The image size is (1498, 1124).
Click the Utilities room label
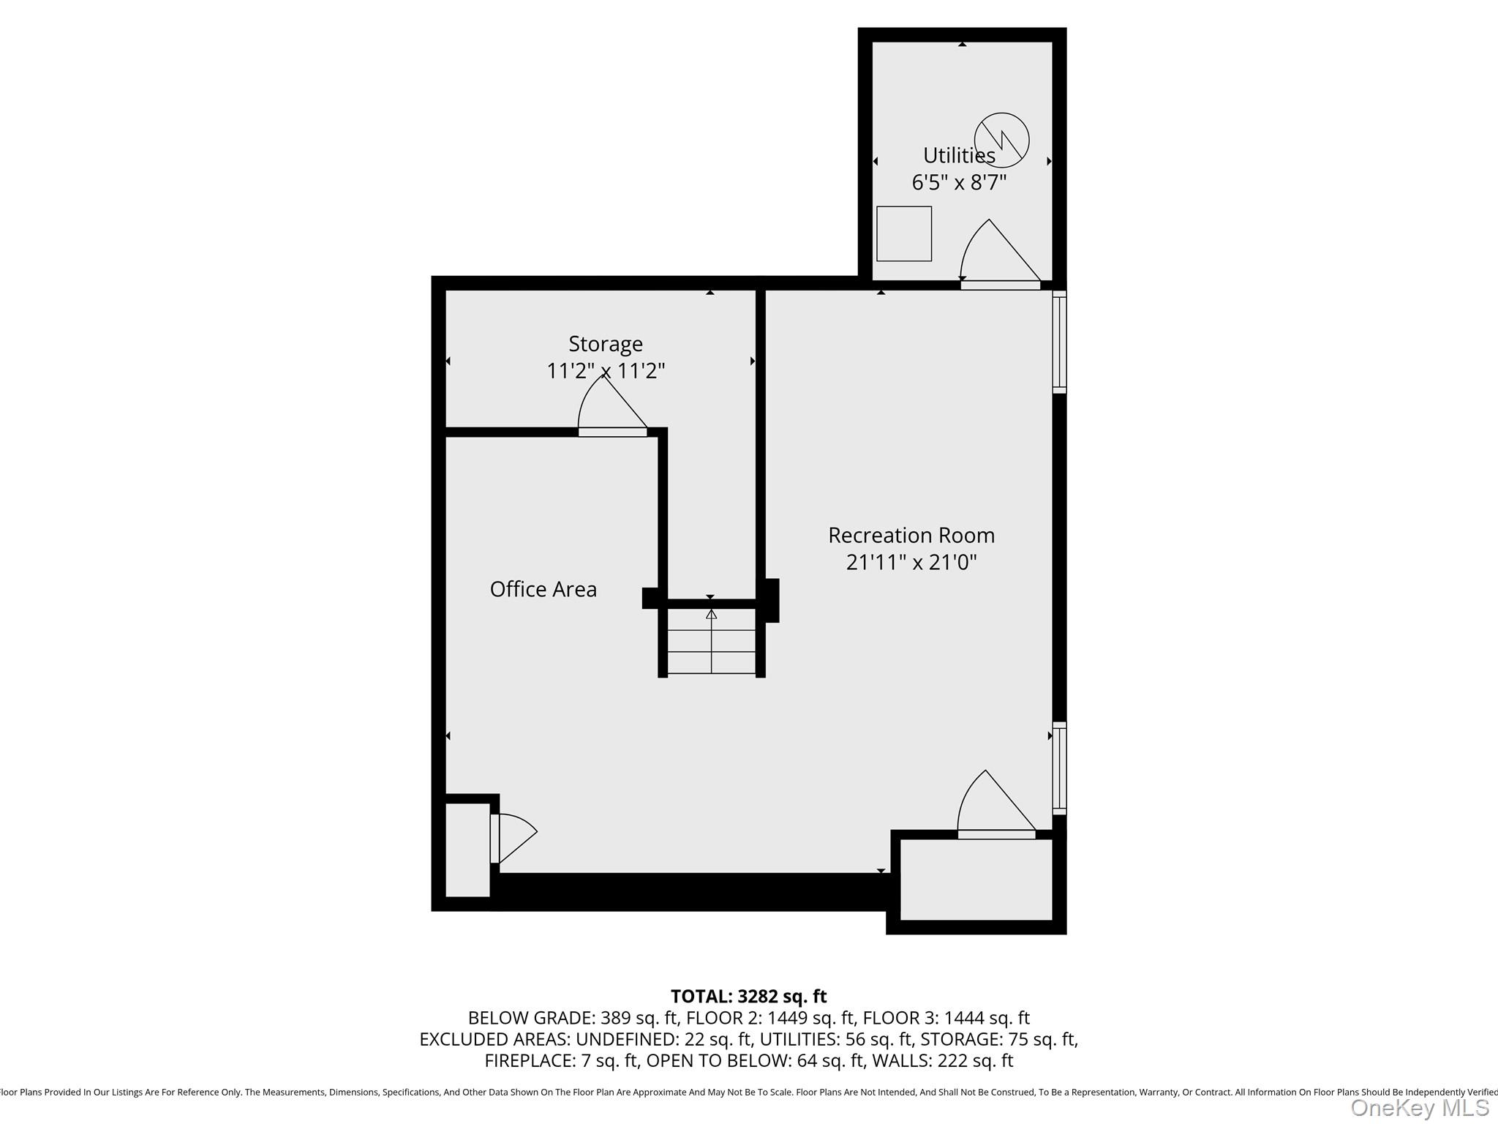[959, 155]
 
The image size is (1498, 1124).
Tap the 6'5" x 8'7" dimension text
[959, 182]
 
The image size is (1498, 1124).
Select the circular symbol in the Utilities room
[1001, 140]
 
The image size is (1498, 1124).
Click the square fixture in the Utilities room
[904, 233]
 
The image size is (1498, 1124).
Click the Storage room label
[606, 343]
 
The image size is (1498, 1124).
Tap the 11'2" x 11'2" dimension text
[606, 371]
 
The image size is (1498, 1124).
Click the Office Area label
[543, 589]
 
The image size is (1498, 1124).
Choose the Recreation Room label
[911, 535]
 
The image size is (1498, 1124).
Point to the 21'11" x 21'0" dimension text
[911, 563]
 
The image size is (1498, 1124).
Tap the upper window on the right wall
[1059, 342]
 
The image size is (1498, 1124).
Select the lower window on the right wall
[1059, 768]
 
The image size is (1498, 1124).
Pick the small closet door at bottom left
[512, 838]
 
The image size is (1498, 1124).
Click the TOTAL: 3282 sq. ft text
[748, 997]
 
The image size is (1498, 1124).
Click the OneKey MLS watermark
[1419, 1108]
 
